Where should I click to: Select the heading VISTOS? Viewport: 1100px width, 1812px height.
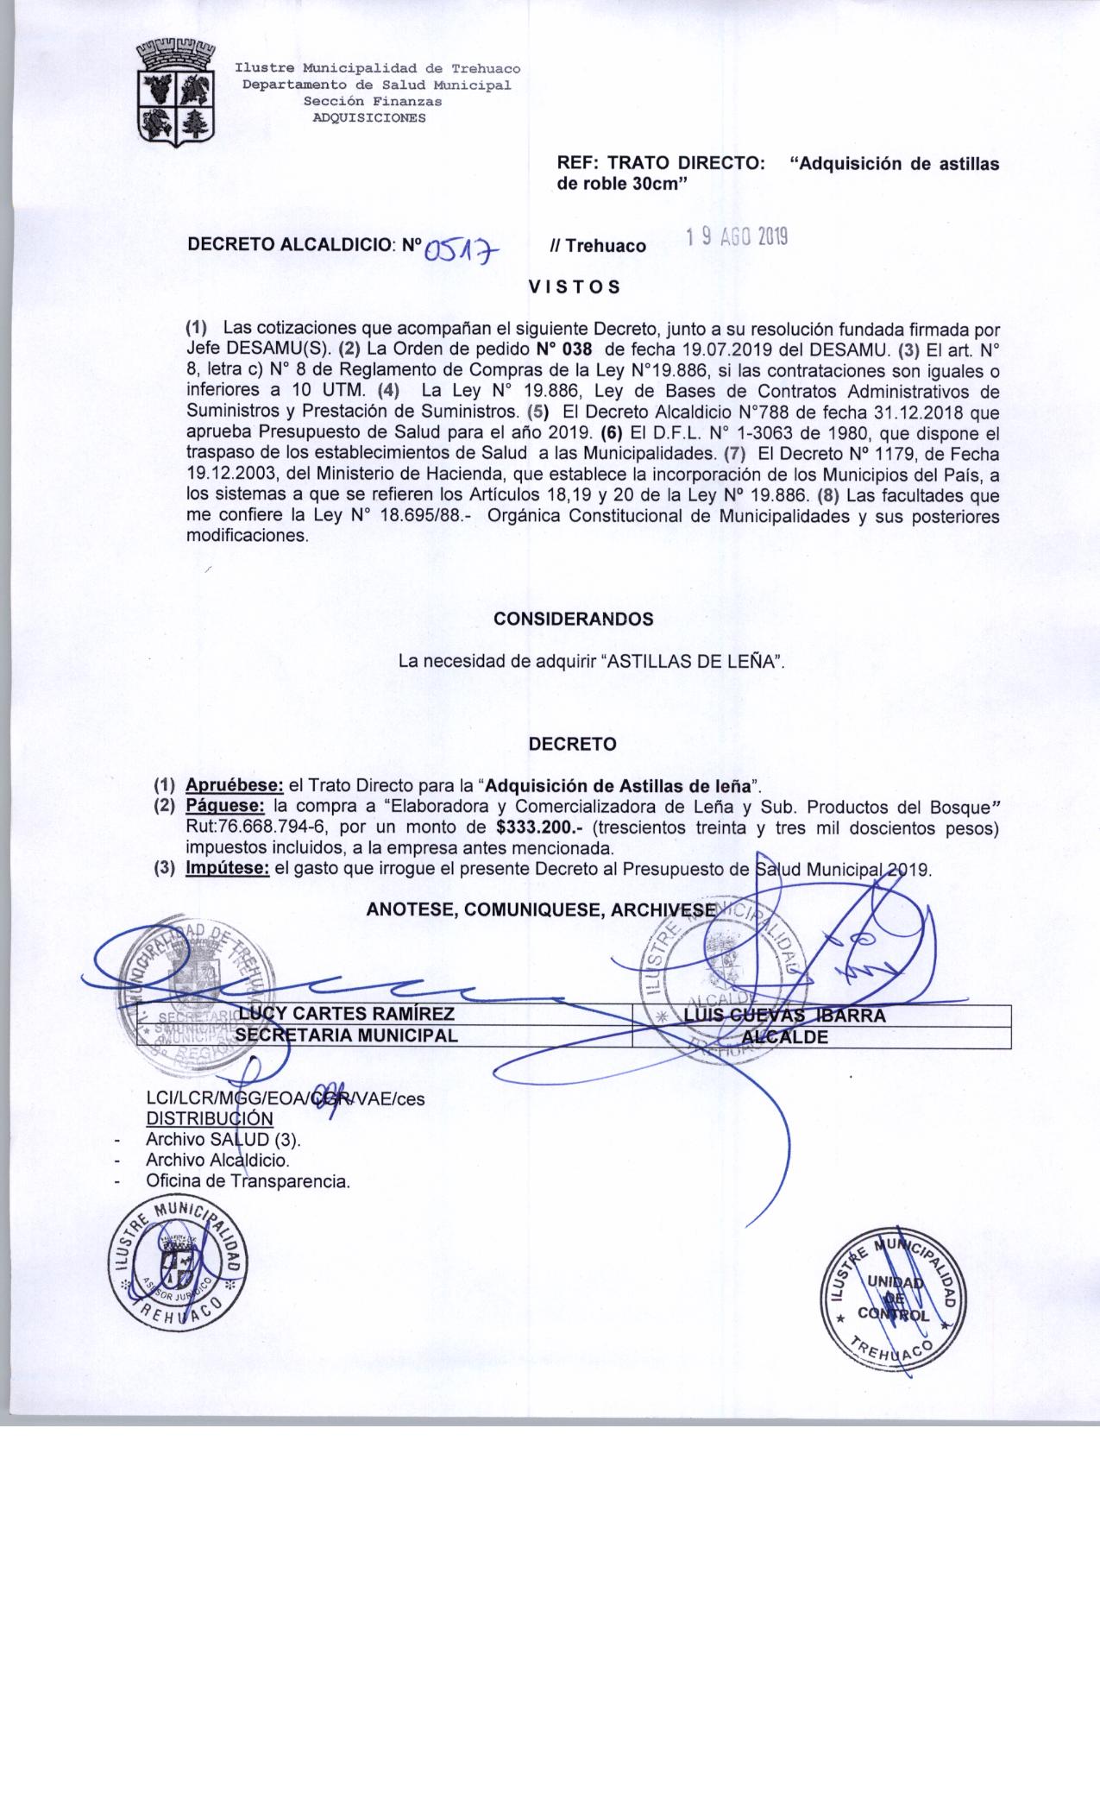pos(575,287)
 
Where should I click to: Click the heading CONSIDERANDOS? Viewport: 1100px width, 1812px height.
pos(573,619)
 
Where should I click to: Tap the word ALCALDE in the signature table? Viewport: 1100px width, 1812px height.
pos(785,1037)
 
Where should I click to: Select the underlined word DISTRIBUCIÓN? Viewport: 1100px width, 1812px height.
pos(210,1118)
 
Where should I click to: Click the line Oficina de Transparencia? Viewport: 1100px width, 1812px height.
pos(248,1181)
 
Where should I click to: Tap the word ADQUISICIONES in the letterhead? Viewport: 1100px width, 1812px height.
pos(368,118)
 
